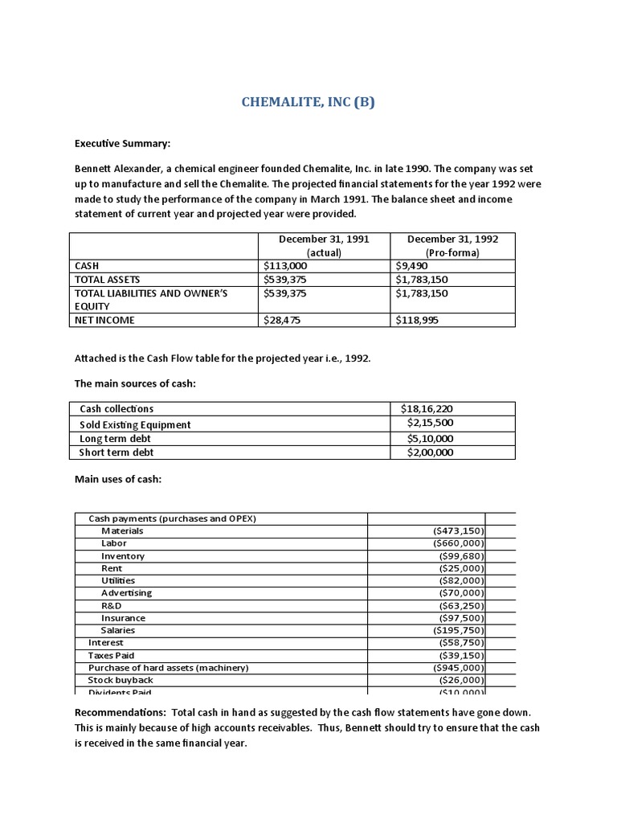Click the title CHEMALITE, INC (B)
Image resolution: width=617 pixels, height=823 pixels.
click(308, 103)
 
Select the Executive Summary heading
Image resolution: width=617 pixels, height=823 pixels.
click(123, 144)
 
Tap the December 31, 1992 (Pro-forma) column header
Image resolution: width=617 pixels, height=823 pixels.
click(452, 246)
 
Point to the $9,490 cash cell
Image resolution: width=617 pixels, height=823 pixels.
click(412, 265)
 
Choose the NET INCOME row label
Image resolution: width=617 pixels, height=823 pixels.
click(104, 320)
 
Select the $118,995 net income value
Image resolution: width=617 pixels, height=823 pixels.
click(419, 320)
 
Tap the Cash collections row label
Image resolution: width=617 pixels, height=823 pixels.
click(116, 409)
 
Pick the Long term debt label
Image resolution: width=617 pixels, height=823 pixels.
click(115, 438)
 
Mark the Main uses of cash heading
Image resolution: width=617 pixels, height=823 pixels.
click(118, 479)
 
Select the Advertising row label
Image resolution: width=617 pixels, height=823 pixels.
click(126, 593)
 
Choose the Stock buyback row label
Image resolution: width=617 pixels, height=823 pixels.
click(121, 680)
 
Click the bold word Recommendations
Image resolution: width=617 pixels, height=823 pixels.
click(114, 712)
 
